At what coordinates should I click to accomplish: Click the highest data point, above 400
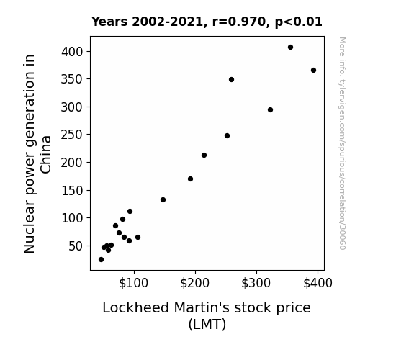point(290,48)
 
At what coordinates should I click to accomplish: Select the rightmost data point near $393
point(313,71)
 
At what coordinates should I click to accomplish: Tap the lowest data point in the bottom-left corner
point(101,260)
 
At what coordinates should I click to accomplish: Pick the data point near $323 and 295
point(270,110)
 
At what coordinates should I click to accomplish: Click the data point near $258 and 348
point(231,79)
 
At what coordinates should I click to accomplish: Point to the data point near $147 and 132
point(163,199)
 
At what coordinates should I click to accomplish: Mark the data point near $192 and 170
point(190,179)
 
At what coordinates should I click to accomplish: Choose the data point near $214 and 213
point(204,155)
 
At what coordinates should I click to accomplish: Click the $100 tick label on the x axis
point(134,283)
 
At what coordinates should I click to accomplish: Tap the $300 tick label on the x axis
point(256,283)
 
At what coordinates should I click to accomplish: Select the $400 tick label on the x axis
point(318,283)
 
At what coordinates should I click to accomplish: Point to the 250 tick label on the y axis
point(72,135)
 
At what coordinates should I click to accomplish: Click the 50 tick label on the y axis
point(76,246)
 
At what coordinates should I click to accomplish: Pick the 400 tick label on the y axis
point(72,52)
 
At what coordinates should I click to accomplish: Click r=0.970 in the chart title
point(239,22)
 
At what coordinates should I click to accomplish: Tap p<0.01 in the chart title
point(299,22)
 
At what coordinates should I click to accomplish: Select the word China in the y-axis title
point(45,155)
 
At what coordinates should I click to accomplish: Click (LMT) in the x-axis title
point(207,324)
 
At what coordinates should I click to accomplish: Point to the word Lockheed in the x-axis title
point(135,307)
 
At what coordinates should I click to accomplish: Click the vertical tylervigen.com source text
point(342,143)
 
